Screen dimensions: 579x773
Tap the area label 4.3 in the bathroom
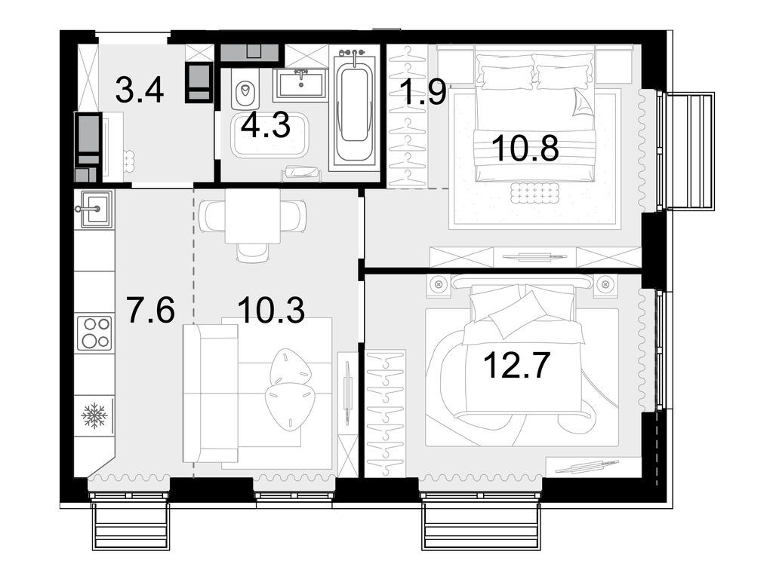click(265, 125)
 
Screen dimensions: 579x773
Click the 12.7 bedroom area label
click(517, 366)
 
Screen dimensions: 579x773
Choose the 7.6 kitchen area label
click(150, 310)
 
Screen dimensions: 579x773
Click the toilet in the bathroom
click(245, 93)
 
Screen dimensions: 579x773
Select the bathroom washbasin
click(301, 81)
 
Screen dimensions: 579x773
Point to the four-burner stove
click(94, 332)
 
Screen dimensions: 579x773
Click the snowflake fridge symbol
click(94, 415)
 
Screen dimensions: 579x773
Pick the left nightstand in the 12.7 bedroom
click(439, 284)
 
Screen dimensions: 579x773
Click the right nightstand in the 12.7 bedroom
click(605, 284)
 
